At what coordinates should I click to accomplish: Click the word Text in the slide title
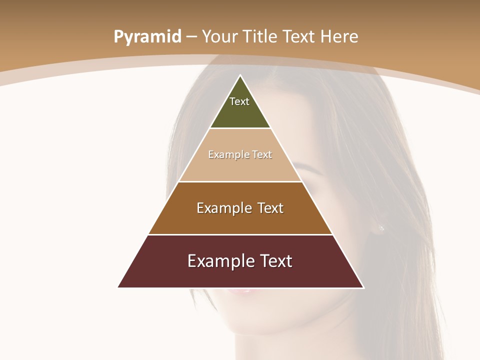[300, 36]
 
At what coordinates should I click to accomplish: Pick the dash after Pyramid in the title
[191, 37]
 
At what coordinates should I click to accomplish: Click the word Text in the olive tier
[239, 101]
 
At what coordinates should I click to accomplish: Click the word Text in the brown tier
[271, 208]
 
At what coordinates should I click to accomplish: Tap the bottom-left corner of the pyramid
[118, 287]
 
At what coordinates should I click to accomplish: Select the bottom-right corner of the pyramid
[363, 287]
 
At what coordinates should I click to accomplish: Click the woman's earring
[381, 229]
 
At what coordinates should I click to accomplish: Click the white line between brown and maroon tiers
[240, 234]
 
